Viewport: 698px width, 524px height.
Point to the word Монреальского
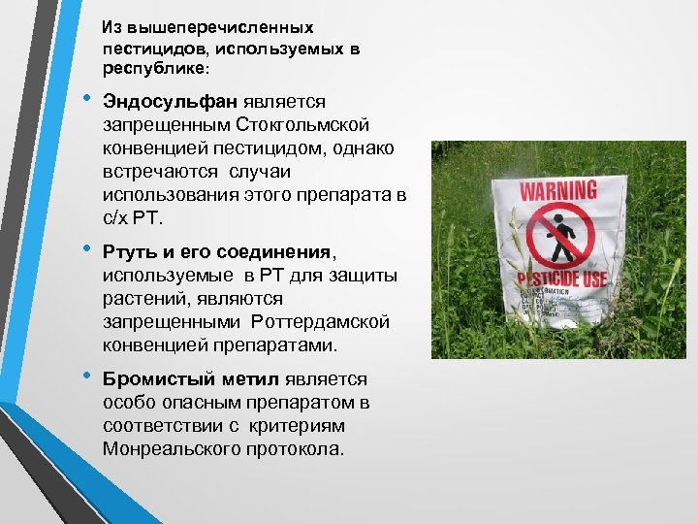[x=169, y=449]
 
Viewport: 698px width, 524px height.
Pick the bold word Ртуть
[x=130, y=253]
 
